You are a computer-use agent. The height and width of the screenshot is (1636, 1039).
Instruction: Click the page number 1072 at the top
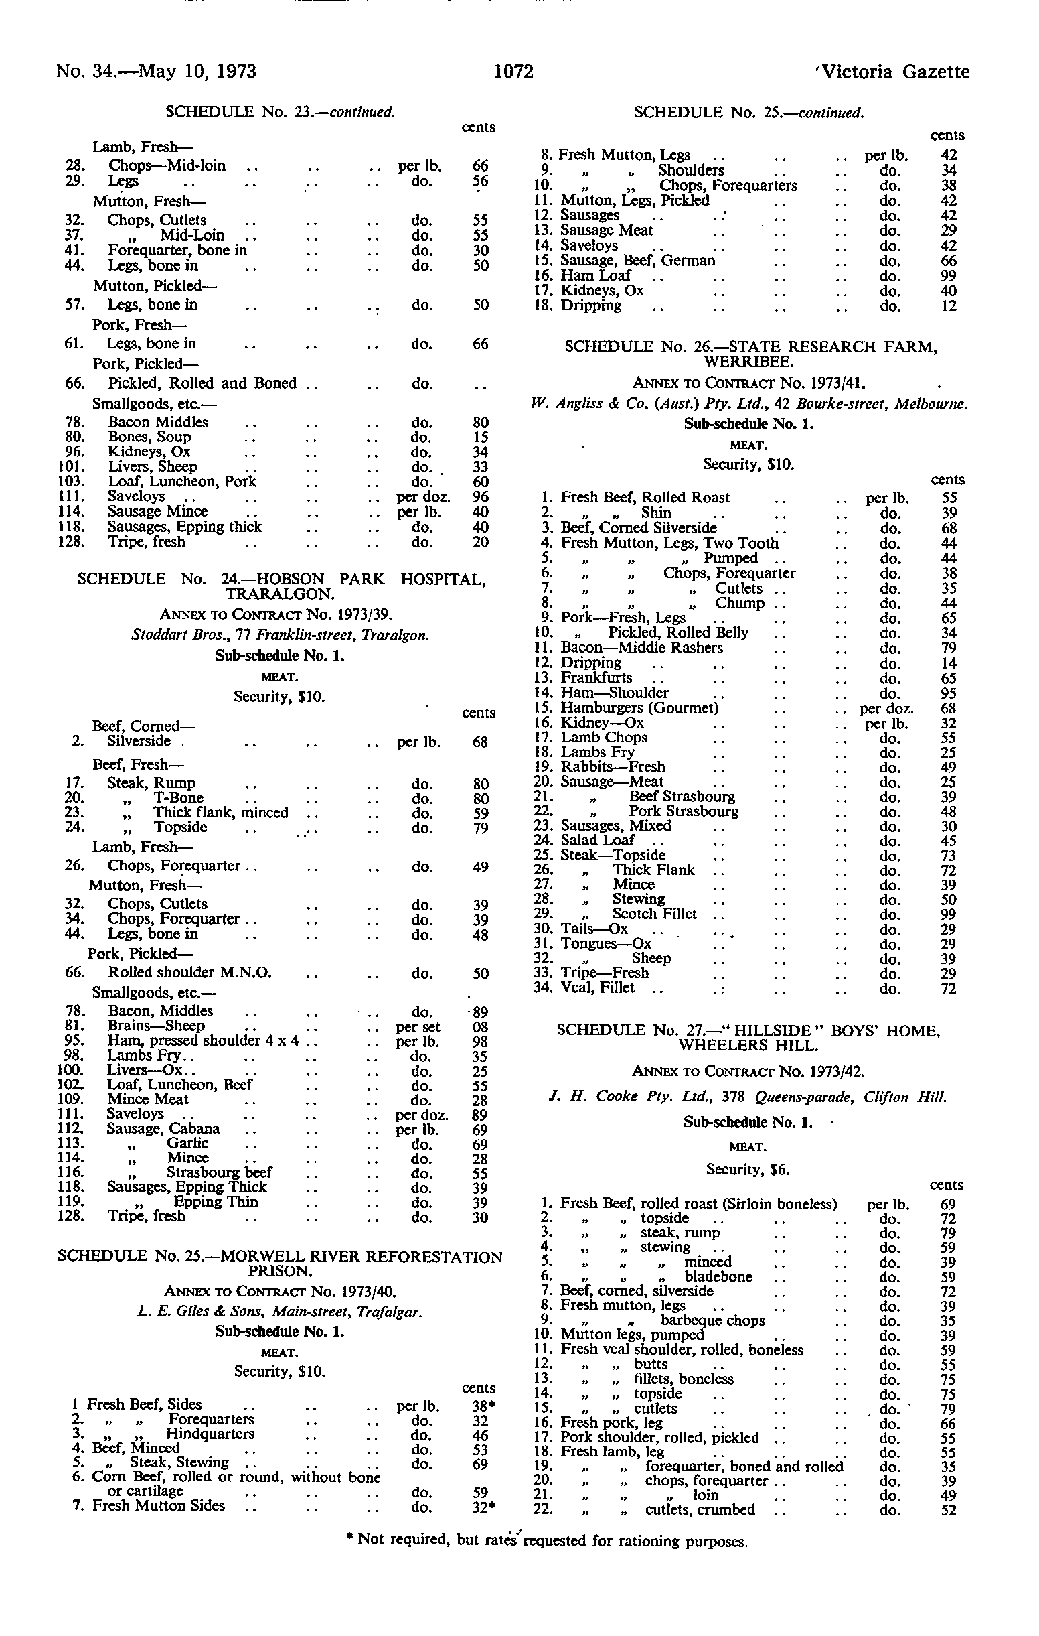(x=514, y=72)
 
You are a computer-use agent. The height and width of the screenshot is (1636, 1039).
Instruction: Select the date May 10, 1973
(x=197, y=72)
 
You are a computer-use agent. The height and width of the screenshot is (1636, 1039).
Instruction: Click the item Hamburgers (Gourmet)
(x=639, y=709)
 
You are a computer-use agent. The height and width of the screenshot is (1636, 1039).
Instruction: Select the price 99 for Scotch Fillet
(x=949, y=914)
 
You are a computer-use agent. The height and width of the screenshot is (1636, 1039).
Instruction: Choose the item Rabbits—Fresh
(x=613, y=767)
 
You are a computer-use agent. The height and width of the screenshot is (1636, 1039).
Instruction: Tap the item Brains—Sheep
(x=156, y=1026)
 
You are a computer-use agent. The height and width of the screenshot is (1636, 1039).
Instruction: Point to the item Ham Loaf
(x=596, y=275)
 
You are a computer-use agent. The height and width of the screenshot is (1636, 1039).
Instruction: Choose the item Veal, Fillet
(x=598, y=988)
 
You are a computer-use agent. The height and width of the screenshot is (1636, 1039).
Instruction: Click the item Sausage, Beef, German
(x=638, y=260)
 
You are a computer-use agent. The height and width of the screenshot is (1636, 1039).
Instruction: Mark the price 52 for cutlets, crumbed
(x=949, y=1510)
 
